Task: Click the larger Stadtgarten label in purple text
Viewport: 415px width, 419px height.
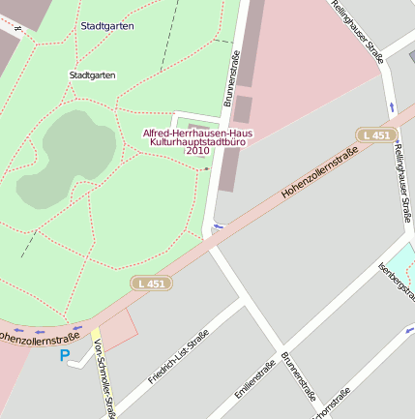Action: [107, 26]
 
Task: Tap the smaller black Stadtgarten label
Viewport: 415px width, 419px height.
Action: [93, 75]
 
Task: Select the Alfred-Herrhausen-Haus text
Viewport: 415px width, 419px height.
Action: [197, 133]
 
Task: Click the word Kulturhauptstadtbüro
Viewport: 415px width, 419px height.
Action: [197, 142]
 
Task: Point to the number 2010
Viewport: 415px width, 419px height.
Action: [197, 152]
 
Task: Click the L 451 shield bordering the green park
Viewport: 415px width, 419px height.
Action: [149, 283]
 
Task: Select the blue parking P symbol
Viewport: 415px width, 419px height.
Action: [66, 356]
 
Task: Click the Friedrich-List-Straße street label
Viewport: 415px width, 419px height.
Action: [179, 357]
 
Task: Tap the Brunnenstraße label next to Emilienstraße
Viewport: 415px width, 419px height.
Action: [299, 375]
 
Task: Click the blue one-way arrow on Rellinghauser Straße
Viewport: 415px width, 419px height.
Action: [392, 105]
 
